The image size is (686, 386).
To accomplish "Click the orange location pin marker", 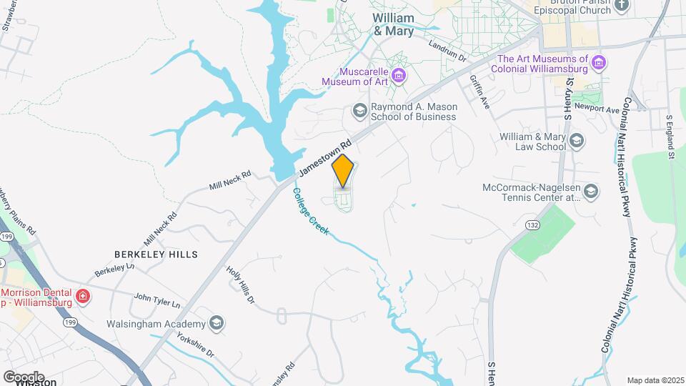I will point(343,171).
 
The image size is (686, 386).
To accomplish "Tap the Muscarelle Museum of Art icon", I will point(399,76).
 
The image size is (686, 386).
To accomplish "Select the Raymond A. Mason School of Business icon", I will point(359,111).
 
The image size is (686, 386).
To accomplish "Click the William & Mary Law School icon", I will point(575,141).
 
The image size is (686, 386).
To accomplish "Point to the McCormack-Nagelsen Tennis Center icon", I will point(591,191).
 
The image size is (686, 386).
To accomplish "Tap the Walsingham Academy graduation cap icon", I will point(216,324).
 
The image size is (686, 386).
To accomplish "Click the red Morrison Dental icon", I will point(83,295).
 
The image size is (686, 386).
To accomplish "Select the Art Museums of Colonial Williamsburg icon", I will point(599,64).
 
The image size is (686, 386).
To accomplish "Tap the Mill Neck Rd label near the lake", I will point(230,180).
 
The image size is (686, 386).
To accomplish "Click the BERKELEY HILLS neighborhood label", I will point(156,254).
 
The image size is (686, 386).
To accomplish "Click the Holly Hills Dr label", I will point(241,285).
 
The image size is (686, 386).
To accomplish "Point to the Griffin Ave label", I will point(479,92).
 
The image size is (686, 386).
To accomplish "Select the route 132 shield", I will point(532,224).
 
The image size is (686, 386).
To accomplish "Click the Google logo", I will point(24,377).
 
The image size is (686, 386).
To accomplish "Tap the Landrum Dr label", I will point(447,51).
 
